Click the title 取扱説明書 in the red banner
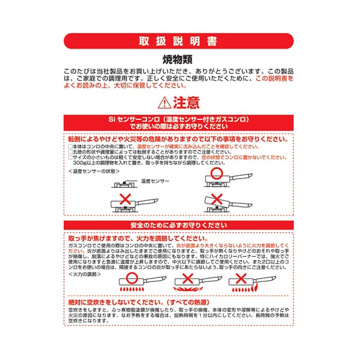tap(180, 41)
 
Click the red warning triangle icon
tap(164, 103)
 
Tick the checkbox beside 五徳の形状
tap(70, 153)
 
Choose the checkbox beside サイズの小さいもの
tap(70, 158)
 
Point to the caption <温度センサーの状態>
tap(89, 171)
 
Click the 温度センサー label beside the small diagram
tap(155, 180)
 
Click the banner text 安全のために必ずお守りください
tap(180, 225)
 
